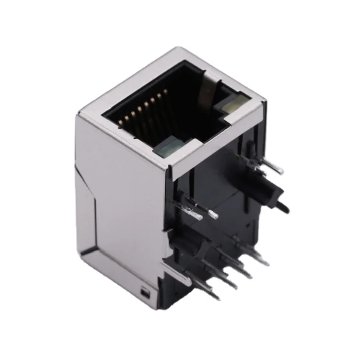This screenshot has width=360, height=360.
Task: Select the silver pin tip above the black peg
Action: (x=279, y=170)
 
